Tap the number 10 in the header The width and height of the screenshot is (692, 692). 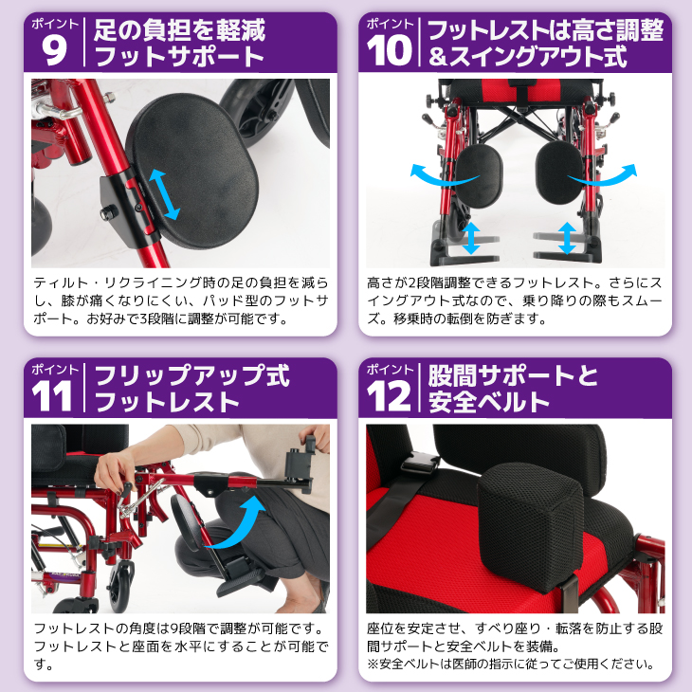pyautogui.click(x=391, y=49)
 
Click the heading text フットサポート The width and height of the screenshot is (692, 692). pyautogui.click(x=179, y=57)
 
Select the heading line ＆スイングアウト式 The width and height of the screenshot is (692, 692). pyautogui.click(x=528, y=57)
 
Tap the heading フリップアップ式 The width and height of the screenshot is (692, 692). pyautogui.click(x=191, y=374)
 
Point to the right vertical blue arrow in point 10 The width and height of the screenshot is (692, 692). pyautogui.click(x=567, y=237)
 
